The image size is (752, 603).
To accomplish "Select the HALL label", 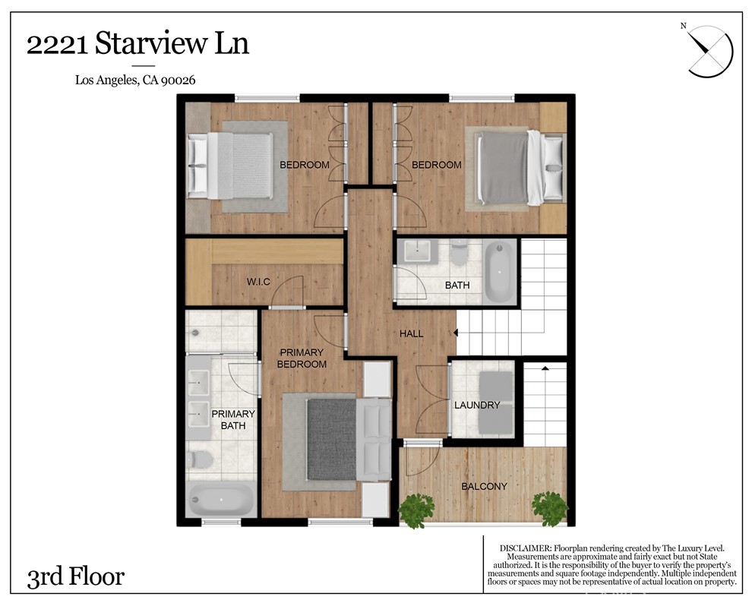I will [x=411, y=333].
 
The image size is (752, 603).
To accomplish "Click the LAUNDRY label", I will [x=477, y=405].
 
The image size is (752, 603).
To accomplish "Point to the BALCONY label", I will [x=484, y=486].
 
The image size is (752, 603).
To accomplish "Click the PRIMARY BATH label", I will [x=232, y=420].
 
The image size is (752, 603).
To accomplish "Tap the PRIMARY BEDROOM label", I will [x=302, y=358].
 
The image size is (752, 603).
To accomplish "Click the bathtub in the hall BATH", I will [x=498, y=271].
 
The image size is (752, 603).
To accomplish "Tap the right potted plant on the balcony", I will [x=549, y=507].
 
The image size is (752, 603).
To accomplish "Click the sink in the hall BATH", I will [x=416, y=251].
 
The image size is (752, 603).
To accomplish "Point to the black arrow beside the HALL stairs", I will [x=456, y=333].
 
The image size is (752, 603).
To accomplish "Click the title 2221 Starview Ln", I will [x=137, y=44].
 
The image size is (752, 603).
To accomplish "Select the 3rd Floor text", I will [x=75, y=576].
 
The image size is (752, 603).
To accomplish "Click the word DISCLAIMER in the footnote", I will [x=525, y=548].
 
